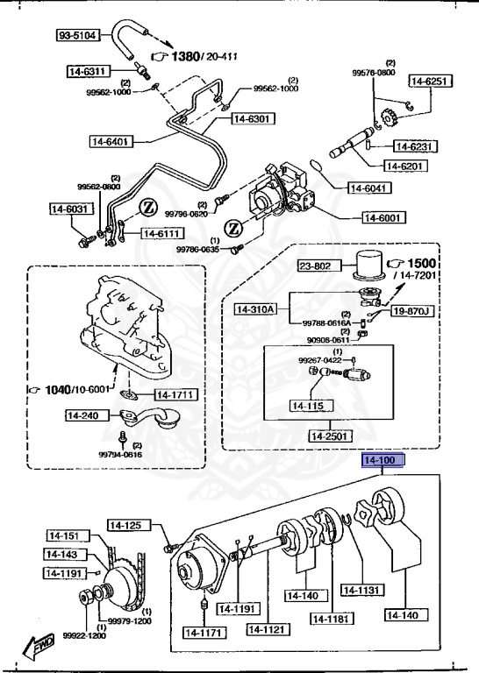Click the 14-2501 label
[x=330, y=436]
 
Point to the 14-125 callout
[x=126, y=525]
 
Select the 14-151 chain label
[x=64, y=536]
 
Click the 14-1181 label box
[x=331, y=618]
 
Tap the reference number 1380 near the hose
[x=185, y=57]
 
